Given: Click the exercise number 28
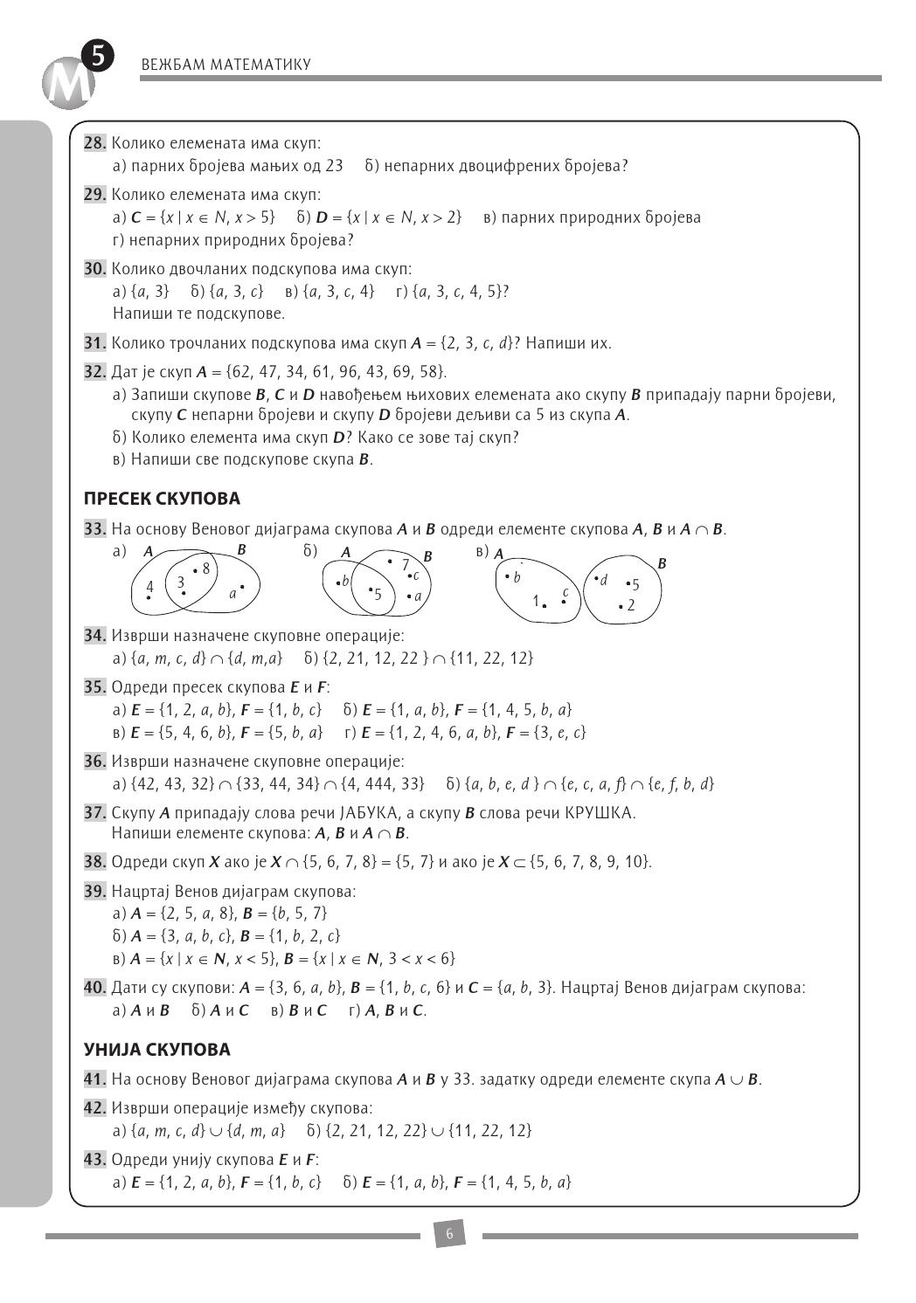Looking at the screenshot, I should pos(94,143).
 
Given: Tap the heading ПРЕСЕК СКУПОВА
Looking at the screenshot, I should pos(162,499).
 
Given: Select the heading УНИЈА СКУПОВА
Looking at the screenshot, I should pos(157,1049).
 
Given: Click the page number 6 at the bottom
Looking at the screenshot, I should pos(449,1235).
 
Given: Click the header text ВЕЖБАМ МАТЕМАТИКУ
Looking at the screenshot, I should pos(226,65).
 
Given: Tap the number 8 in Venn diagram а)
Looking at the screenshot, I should pos(206,569).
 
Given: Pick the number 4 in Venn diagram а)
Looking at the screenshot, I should pos(149,587).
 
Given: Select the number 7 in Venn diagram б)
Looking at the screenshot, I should pos(406,565).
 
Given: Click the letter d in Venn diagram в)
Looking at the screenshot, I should pos(603,580).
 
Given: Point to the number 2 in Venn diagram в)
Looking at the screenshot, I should pos(631,605).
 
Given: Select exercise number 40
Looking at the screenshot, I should pos(94,988).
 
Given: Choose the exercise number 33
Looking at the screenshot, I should pos(94,529).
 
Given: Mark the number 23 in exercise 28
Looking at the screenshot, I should pos(334,165).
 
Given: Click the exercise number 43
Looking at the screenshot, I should pos(94,1160).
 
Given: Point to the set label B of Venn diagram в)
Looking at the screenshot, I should pos(662,563).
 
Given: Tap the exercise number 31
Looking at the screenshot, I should pos(94,343).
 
